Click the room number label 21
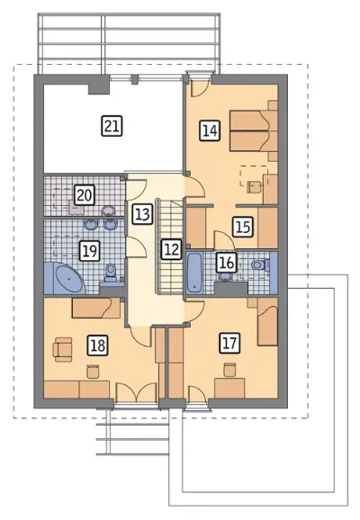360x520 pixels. pos(112,126)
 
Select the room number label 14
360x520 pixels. pos(210,130)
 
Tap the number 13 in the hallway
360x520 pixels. pos(143,214)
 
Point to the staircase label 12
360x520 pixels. pos(172,248)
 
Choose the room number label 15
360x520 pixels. pos(243,227)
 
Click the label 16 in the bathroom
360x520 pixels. pos(227,263)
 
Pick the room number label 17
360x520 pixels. pos(229,343)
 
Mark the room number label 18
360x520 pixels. pos(98,345)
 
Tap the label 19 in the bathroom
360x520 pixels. pos(90,251)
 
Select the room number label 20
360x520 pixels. pos(85,195)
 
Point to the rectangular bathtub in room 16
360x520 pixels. pos(193,273)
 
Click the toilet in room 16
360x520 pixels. pos(259,264)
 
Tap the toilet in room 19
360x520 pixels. pos(111,272)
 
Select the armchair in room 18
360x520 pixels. pos(62,350)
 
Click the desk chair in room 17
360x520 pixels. pos(229,370)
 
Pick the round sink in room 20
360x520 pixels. pos(109,211)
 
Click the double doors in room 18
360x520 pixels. pos(137,392)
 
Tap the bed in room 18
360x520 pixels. pos(96,308)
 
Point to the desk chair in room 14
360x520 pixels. pos(255,186)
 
